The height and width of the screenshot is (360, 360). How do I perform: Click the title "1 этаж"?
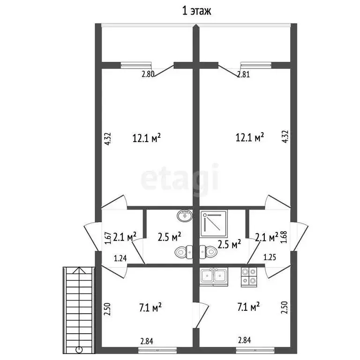tap(196, 11)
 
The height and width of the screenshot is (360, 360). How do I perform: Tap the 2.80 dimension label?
tap(148, 74)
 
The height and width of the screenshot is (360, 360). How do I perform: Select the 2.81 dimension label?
tap(243, 75)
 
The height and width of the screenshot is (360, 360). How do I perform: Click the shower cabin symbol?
tap(214, 224)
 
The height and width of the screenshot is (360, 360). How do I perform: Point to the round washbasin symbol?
tap(185, 216)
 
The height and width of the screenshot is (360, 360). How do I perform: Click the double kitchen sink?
tap(214, 277)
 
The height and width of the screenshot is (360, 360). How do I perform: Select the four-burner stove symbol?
tap(249, 277)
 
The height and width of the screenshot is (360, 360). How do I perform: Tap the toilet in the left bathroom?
tap(184, 252)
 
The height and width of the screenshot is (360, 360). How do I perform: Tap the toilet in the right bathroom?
tap(208, 252)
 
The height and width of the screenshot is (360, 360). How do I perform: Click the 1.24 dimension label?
tap(120, 259)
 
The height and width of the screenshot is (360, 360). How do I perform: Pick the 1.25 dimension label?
tap(270, 257)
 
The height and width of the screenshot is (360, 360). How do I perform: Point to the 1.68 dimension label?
tap(284, 237)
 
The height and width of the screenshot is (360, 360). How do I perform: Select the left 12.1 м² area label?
tap(146, 138)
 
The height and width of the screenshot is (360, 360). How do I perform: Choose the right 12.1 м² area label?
tap(250, 137)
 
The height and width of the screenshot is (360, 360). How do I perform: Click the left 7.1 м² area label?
tap(150, 307)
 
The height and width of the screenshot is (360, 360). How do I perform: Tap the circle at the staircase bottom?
tap(79, 350)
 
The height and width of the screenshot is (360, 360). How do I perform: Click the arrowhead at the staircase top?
tap(79, 270)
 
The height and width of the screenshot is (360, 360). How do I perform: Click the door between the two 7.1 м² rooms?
tap(202, 315)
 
